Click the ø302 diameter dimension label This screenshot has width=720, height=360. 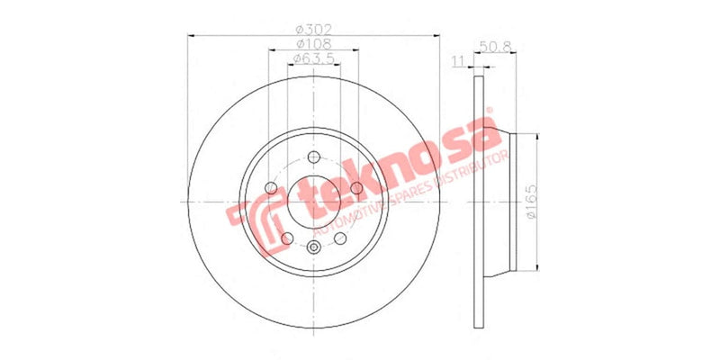coord(311,29)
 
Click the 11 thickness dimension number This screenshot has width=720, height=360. coord(457,60)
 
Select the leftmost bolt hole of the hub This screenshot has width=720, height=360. coord(271,187)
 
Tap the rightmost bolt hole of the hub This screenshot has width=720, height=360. coord(357,187)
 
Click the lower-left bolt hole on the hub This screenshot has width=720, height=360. coord(287,238)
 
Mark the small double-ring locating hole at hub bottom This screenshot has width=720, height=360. coord(314,248)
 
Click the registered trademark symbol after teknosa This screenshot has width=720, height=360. coord(492,120)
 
